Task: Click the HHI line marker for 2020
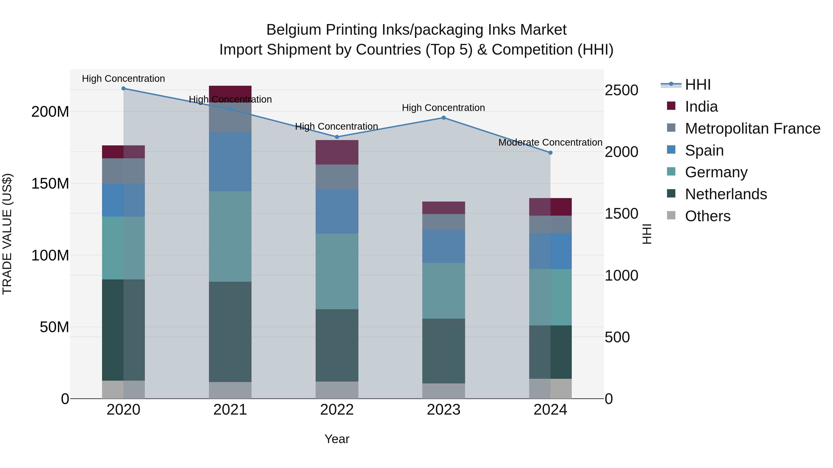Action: tap(124, 89)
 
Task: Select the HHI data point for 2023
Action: tap(444, 118)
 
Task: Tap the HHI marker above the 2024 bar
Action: tap(550, 153)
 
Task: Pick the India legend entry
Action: tap(701, 107)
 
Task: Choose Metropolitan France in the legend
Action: tap(752, 128)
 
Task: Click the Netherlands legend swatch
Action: tap(671, 194)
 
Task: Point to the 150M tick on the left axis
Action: tap(50, 184)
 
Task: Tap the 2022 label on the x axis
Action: tap(337, 410)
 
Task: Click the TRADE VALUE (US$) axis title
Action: tap(7, 234)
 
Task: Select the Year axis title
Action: tap(337, 439)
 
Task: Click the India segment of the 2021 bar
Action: tap(230, 92)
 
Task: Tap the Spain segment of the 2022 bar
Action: tap(337, 211)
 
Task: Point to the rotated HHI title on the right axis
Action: tap(647, 234)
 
